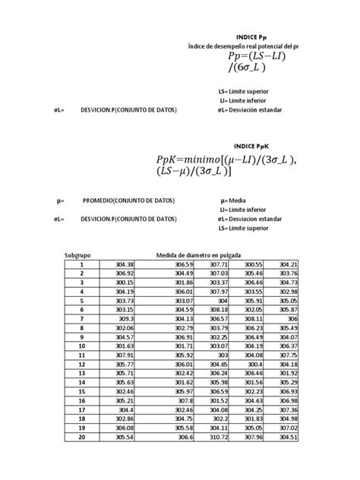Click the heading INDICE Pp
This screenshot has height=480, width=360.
[251, 36]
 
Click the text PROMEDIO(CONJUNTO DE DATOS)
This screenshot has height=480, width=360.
[128, 201]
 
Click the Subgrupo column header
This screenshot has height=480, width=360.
[78, 255]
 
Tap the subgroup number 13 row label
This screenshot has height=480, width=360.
[81, 373]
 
